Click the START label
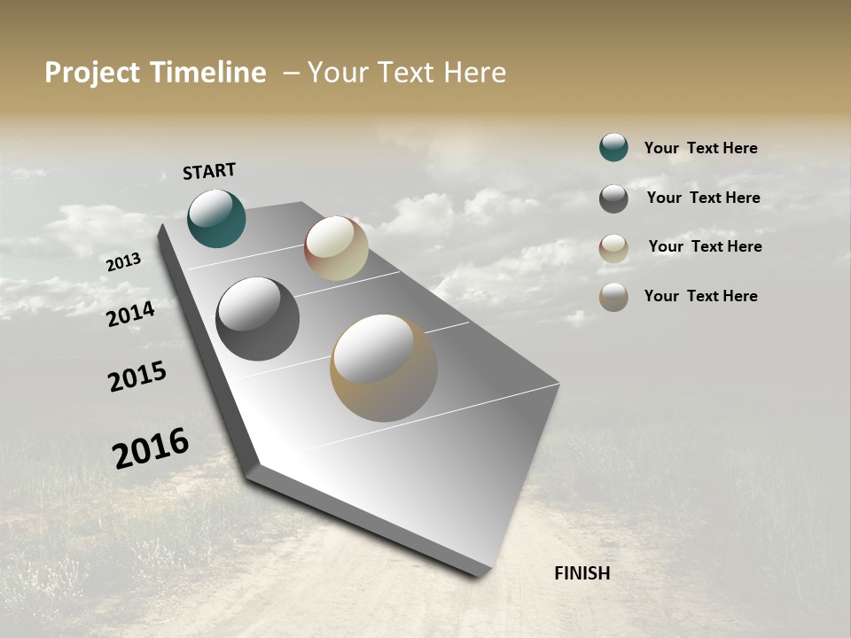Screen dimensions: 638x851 pyautogui.click(x=209, y=171)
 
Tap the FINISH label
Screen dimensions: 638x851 pyautogui.click(x=582, y=573)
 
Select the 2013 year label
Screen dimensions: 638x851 pyautogui.click(x=124, y=262)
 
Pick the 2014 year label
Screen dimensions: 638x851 pyautogui.click(x=131, y=314)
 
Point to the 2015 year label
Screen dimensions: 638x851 pyautogui.click(x=137, y=377)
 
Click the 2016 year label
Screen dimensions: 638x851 pyautogui.click(x=151, y=448)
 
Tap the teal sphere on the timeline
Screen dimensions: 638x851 pyautogui.click(x=216, y=219)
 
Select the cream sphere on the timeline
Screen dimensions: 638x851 pyautogui.click(x=336, y=248)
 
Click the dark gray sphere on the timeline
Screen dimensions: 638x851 pyautogui.click(x=257, y=319)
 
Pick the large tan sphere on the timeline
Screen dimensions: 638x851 pyautogui.click(x=384, y=368)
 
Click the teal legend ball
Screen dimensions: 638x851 pyautogui.click(x=613, y=147)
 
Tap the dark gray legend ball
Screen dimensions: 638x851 pyautogui.click(x=613, y=198)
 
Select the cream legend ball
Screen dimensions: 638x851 pyautogui.click(x=613, y=248)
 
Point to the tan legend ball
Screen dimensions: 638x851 pyautogui.click(x=613, y=297)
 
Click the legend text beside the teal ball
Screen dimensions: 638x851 pyautogui.click(x=700, y=148)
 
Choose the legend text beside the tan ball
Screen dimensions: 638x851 pyautogui.click(x=700, y=296)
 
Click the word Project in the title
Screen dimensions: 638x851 pyautogui.click(x=92, y=73)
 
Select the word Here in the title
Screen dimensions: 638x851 pyautogui.click(x=475, y=73)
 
